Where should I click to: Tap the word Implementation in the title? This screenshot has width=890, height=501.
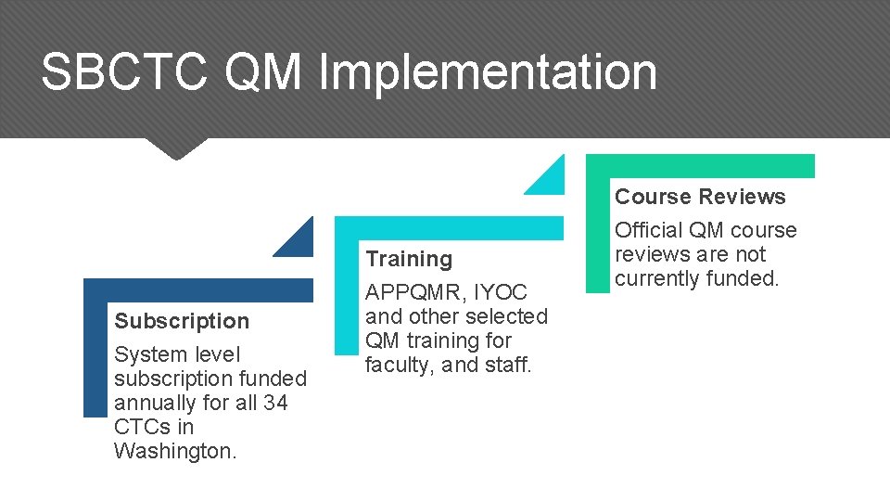point(488,72)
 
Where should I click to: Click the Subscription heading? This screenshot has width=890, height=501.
point(182,321)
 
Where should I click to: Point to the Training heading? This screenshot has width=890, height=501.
point(409,259)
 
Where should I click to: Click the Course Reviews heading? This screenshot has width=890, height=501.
point(700,197)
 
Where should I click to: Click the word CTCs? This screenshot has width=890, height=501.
point(142,427)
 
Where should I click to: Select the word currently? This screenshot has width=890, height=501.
point(660,278)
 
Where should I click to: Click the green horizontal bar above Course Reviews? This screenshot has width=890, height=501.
point(700,165)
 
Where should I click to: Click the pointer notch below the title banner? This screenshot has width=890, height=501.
point(176,148)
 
